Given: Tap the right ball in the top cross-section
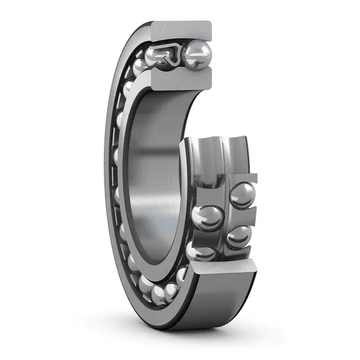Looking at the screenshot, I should click(x=196, y=54).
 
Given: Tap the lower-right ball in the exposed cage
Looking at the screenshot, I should click(x=238, y=236).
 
